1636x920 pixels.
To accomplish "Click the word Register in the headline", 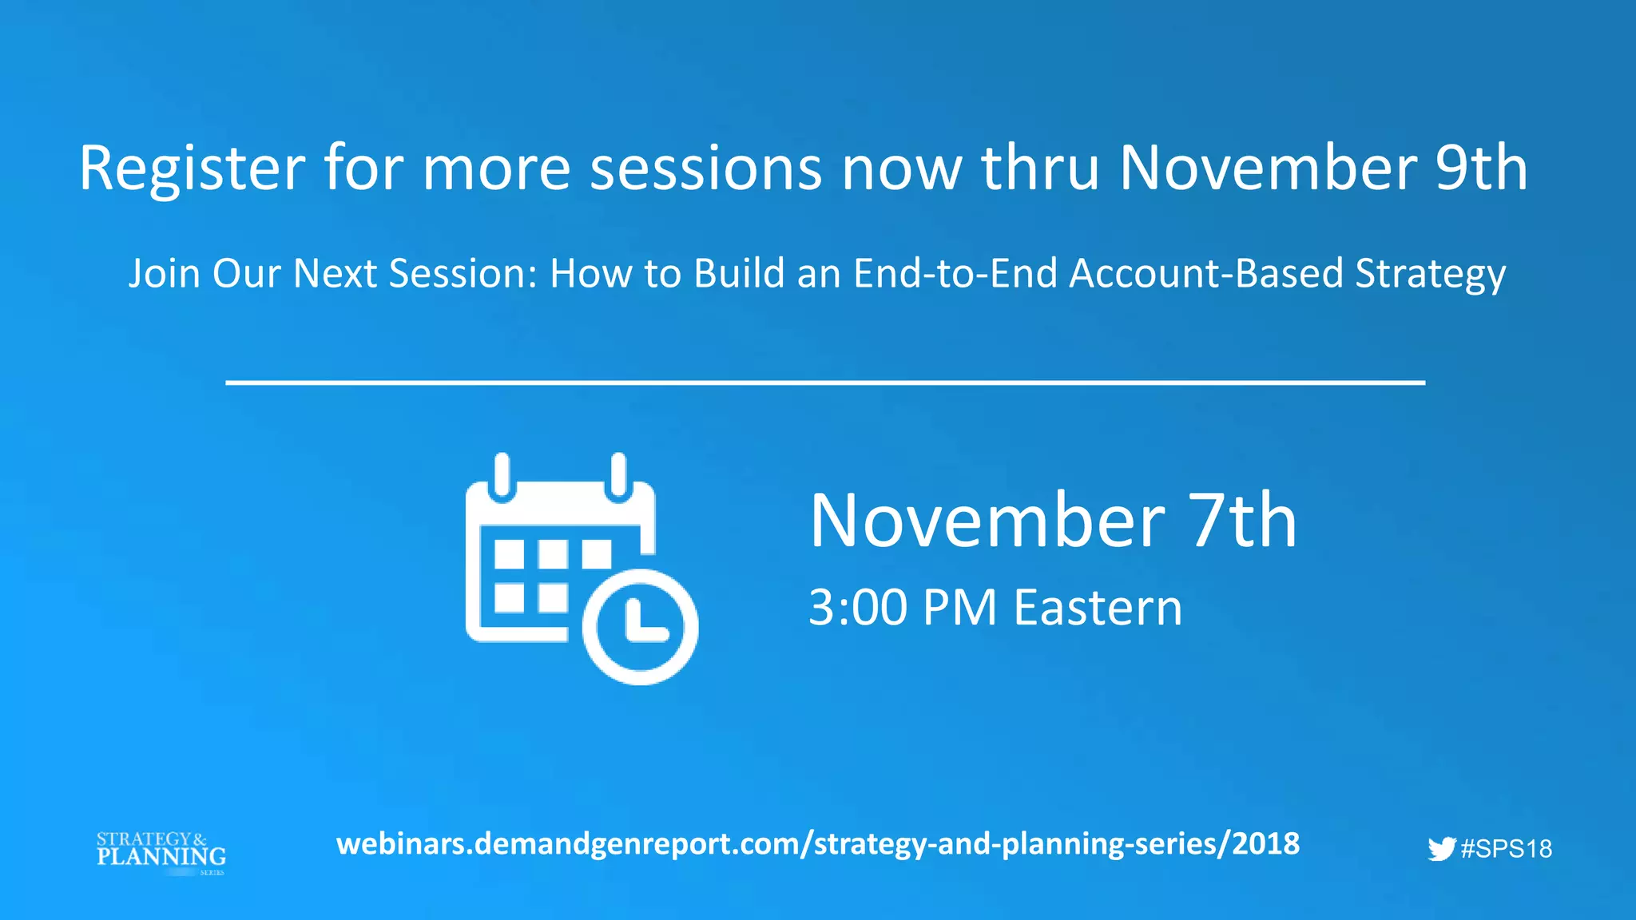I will (x=192, y=169).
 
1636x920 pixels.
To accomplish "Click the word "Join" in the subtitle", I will (x=164, y=275).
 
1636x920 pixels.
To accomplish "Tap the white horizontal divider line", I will (x=825, y=383).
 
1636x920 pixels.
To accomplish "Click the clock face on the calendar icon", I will (x=641, y=628).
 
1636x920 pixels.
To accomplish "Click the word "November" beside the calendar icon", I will (x=987, y=521).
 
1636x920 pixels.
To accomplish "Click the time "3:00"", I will (x=858, y=609).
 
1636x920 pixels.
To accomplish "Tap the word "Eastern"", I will (x=1098, y=609).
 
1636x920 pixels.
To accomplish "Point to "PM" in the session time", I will (x=959, y=609).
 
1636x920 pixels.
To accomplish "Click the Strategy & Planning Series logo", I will (x=161, y=853).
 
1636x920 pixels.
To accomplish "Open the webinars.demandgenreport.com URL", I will (x=818, y=844).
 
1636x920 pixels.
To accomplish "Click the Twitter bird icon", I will (x=1441, y=849).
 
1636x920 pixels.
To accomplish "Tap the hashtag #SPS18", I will (x=1506, y=849).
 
